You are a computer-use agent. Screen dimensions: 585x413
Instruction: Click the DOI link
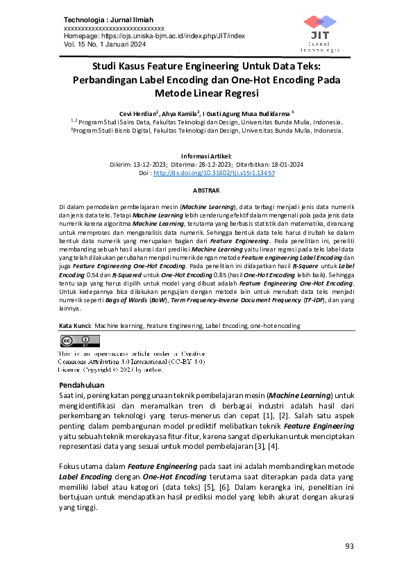tap(214, 172)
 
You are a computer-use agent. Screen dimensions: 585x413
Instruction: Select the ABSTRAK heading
tap(206, 190)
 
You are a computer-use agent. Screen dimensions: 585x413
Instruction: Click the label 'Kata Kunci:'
tap(74, 324)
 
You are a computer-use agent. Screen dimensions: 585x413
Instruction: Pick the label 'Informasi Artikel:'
tap(206, 156)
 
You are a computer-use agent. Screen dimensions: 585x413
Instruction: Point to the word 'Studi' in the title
tap(108, 67)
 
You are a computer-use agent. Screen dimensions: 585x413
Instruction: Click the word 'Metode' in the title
tap(180, 92)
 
